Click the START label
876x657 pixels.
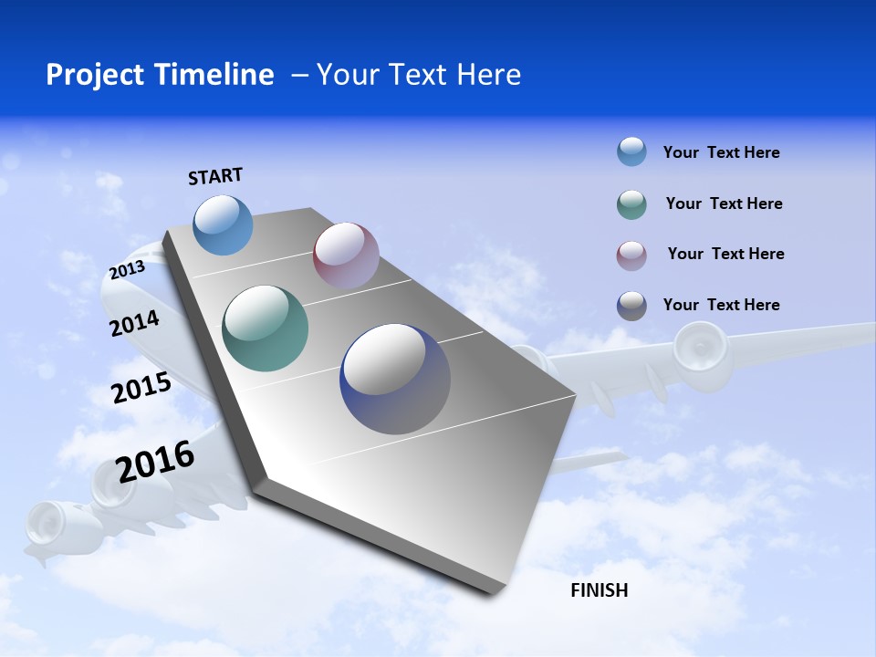[215, 176]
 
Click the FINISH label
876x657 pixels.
[599, 590]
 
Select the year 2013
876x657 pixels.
[127, 270]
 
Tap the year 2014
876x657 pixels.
[134, 323]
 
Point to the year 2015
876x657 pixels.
[141, 388]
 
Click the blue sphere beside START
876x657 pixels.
[224, 224]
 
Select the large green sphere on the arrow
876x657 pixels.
[266, 328]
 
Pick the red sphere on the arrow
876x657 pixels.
[346, 255]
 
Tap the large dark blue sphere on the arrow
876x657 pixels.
[395, 379]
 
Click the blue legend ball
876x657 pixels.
[631, 151]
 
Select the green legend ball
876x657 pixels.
[631, 204]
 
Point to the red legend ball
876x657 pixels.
[631, 255]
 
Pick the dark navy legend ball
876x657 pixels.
[631, 306]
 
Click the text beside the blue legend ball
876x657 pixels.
[721, 152]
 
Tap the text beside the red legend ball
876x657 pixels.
[725, 254]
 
